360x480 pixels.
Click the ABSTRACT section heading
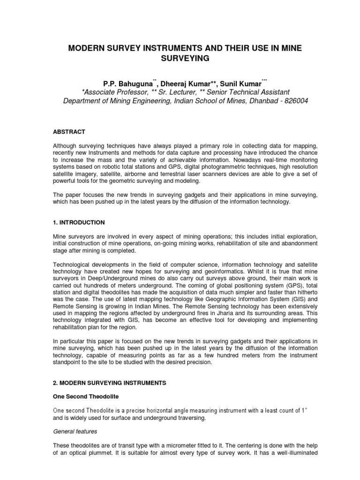coord(69,132)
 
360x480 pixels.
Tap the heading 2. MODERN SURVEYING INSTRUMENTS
coord(109,383)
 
